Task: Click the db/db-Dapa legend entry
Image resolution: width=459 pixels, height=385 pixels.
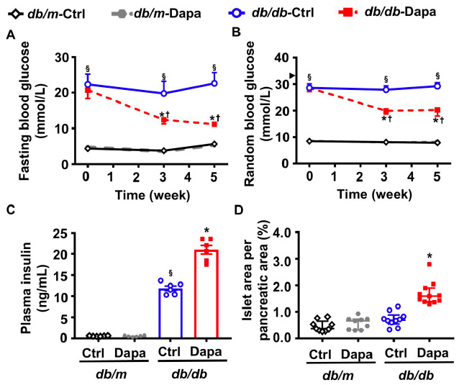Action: coord(402,12)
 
